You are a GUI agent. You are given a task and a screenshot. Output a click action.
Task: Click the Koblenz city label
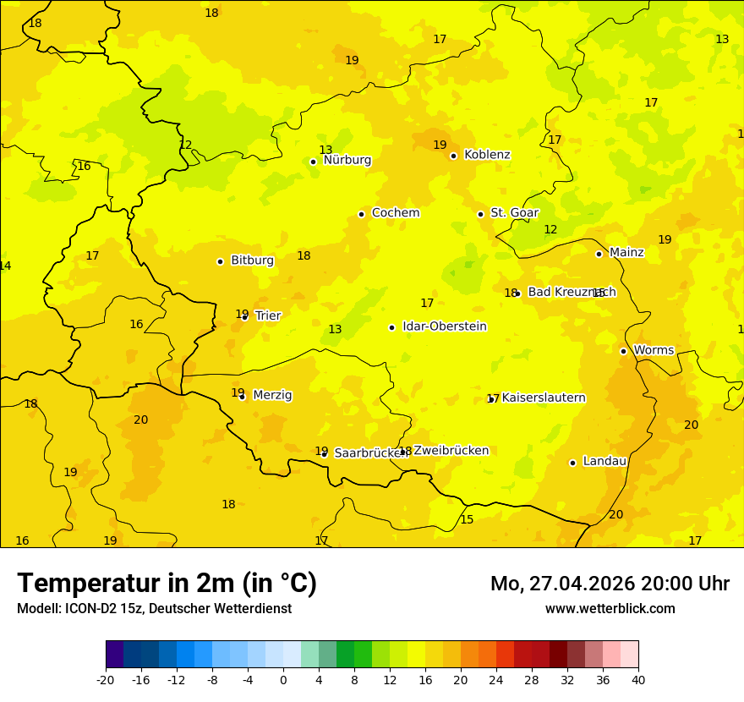(487, 155)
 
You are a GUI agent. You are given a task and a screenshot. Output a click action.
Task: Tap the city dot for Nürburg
(313, 162)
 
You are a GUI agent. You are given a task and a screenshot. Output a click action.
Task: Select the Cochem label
(395, 213)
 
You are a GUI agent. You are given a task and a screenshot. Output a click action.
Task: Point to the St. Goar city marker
(480, 214)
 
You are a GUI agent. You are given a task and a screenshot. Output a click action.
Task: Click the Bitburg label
(252, 261)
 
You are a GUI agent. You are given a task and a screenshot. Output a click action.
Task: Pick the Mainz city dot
(599, 254)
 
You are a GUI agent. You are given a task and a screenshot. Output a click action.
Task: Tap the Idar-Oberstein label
(444, 326)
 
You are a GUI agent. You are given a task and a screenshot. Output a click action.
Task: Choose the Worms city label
(654, 350)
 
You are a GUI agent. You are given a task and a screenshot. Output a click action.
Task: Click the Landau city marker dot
(572, 463)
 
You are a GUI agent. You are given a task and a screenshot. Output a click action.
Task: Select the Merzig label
(272, 395)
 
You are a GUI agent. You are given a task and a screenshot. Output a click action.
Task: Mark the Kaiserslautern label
(544, 398)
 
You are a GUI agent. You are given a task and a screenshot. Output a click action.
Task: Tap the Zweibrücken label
(451, 451)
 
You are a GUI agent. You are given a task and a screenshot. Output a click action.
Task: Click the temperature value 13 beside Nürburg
(325, 150)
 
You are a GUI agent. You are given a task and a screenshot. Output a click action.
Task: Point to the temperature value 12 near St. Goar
(550, 229)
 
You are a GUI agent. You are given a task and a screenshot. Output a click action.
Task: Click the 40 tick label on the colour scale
(638, 679)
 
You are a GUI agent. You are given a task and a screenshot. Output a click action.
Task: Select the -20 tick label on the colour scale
(106, 679)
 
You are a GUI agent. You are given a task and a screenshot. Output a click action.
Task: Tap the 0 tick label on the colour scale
(283, 679)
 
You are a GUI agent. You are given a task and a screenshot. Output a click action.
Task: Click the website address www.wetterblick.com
(610, 608)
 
